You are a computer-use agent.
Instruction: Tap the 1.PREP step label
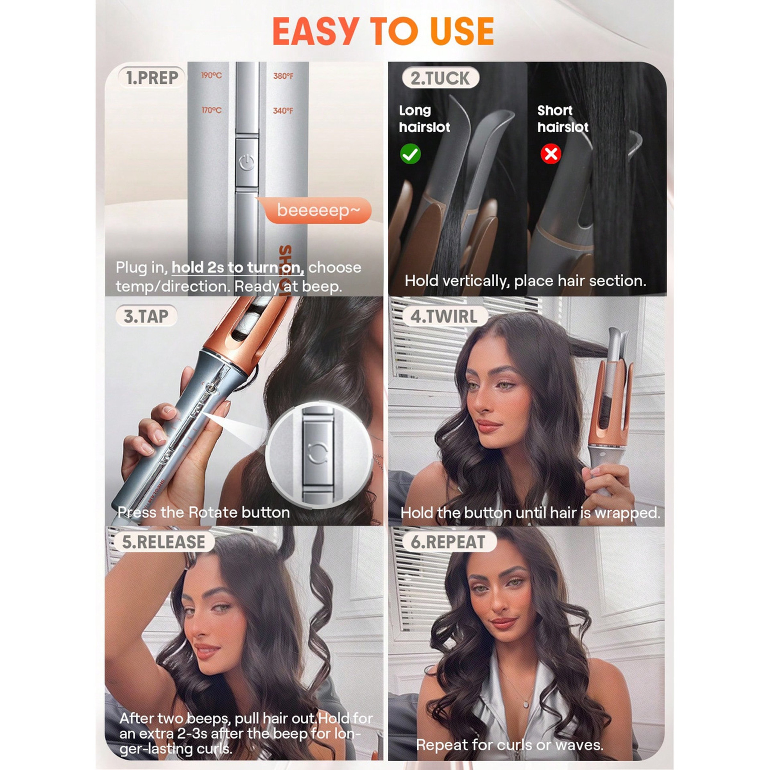(x=152, y=78)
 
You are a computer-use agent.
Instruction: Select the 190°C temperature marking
(x=211, y=75)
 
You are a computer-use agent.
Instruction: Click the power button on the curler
(x=247, y=163)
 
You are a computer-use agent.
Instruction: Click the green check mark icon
(x=410, y=154)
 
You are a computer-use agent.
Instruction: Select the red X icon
(x=551, y=154)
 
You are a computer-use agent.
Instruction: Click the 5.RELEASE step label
(x=163, y=542)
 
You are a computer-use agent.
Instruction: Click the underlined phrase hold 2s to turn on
(x=238, y=267)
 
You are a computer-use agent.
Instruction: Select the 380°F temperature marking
(x=283, y=76)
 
